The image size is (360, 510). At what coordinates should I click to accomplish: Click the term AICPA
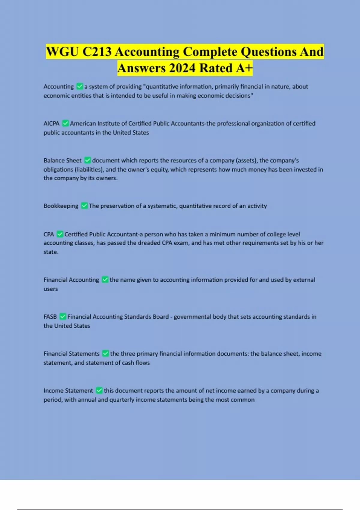click(51, 124)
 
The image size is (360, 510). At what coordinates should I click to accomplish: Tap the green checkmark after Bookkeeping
click(85, 206)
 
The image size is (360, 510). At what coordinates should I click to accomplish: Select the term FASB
click(50, 317)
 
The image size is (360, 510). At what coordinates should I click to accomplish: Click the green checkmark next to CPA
click(60, 234)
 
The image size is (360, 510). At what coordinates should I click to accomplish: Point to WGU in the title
click(62, 52)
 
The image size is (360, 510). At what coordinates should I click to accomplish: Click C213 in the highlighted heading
click(97, 52)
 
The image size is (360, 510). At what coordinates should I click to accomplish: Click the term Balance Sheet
click(62, 160)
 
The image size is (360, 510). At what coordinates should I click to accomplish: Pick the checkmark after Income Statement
click(99, 391)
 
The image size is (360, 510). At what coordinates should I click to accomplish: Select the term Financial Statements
click(71, 354)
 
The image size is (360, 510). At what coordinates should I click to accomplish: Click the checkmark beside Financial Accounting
click(105, 280)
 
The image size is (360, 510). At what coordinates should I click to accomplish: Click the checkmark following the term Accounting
click(80, 86)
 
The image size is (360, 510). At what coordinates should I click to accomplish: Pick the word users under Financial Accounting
click(51, 289)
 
